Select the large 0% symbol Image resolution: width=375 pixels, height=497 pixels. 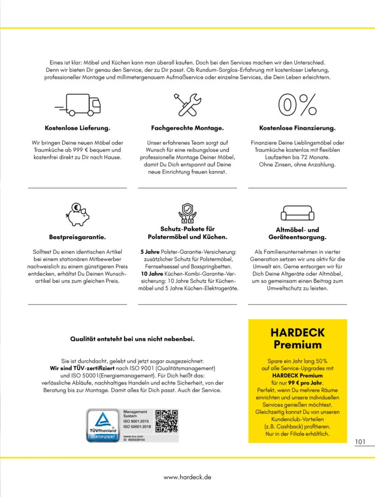click(297, 105)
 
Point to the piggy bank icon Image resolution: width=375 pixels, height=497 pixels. click(77, 215)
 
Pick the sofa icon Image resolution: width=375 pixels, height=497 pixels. click(297, 214)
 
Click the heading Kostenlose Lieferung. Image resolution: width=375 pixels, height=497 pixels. click(77, 128)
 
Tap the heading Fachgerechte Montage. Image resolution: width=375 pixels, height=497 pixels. click(187, 128)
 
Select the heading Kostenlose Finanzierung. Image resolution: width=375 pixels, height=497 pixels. click(297, 128)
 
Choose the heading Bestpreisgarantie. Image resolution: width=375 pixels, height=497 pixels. click(77, 237)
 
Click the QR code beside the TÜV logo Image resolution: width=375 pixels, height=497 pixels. click(166, 421)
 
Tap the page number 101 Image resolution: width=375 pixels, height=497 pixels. click(360, 442)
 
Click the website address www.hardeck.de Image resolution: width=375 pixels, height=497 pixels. click(187, 476)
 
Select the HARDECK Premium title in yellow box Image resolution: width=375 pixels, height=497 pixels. click(298, 339)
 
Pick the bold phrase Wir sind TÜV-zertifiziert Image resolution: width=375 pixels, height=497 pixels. click(82, 368)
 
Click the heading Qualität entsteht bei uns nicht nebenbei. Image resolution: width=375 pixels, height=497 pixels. click(132, 339)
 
